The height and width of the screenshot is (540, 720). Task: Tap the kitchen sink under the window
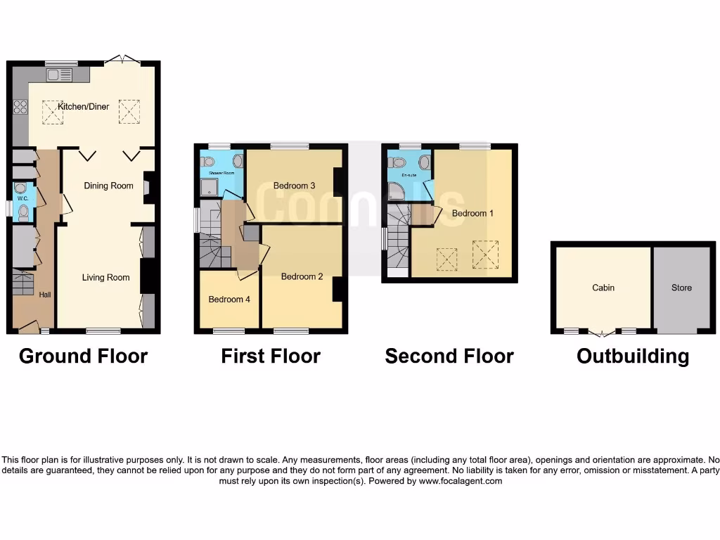[59, 76]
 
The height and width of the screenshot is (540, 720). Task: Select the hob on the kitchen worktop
[20, 107]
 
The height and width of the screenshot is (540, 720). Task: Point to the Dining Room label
[108, 186]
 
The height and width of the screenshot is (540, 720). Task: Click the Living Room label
[105, 277]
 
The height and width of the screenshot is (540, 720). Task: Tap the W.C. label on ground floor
[22, 198]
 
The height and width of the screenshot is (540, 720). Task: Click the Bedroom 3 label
[294, 186]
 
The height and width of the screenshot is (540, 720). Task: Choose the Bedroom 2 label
[302, 276]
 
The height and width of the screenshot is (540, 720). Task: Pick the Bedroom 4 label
[229, 299]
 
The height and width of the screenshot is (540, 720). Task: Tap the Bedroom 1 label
[472, 213]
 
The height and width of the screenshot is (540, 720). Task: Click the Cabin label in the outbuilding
[603, 288]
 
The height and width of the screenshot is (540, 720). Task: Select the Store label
[681, 288]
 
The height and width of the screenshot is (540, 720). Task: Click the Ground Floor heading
[83, 356]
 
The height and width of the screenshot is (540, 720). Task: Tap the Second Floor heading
[449, 356]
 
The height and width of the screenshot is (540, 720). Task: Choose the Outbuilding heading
[632, 356]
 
